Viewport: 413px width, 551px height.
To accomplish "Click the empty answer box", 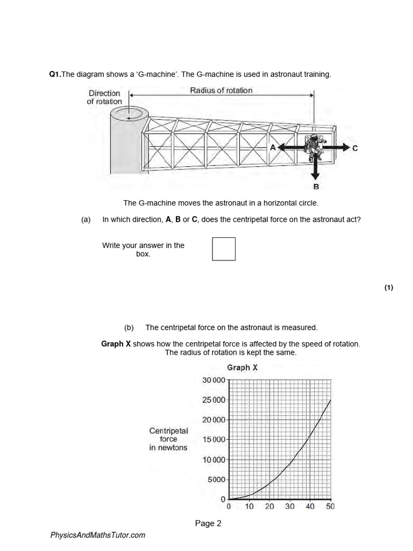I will [224, 249].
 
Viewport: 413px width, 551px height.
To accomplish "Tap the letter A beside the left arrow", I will [273, 147].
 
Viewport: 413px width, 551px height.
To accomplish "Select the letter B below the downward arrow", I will [316, 187].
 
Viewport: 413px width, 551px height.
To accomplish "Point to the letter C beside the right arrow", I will [355, 148].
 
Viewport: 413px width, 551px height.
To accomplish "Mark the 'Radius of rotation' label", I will [221, 90].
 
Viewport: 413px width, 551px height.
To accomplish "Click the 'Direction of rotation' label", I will [104, 97].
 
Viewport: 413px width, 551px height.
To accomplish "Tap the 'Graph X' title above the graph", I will [242, 368].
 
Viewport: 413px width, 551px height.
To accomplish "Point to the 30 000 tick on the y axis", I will [213, 380].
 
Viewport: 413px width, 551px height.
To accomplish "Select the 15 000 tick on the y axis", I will [213, 440].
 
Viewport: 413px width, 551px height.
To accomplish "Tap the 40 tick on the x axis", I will [310, 506].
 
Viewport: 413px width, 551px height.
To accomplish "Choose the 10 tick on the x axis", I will [250, 506].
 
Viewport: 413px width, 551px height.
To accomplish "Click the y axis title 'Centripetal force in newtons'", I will [168, 439].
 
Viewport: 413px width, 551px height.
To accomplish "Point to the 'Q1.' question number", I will [55, 74].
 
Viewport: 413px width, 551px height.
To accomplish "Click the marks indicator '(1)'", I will [389, 287].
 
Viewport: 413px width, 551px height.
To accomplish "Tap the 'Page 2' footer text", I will [208, 523].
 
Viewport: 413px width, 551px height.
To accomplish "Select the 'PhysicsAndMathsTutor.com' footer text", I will [97, 535].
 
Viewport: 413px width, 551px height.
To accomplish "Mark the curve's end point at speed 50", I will [330, 400].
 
